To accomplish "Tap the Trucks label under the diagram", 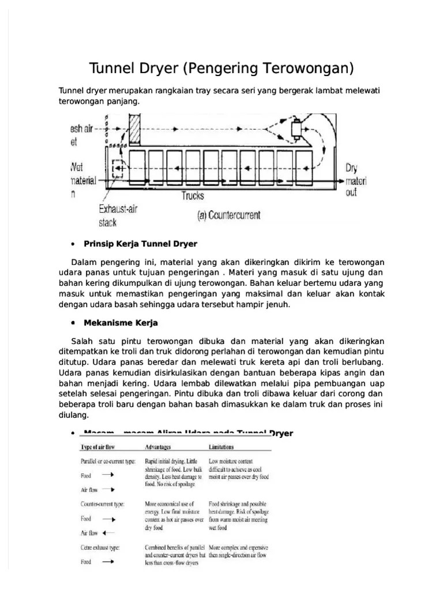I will pos(193,196).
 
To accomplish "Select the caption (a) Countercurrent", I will pos(229,215).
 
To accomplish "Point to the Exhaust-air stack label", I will pos(119,214).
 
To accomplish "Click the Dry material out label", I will pos(352,180).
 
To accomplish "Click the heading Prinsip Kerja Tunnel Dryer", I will pos(141,244).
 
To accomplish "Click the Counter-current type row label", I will pos(102,504).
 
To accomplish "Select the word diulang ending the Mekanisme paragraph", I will pos(74,414).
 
